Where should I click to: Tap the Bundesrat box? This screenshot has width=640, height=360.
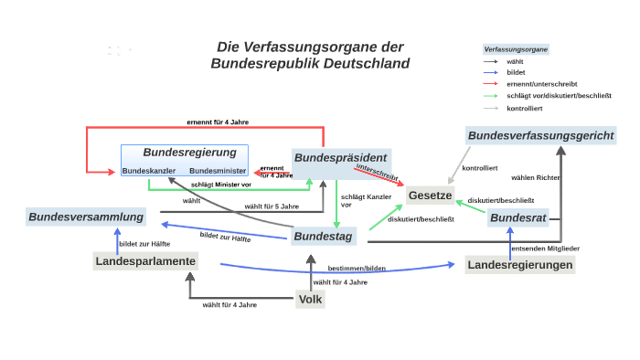click(517, 218)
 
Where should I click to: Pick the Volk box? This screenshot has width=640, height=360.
click(311, 298)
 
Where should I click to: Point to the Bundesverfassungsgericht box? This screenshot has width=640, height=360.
click(541, 136)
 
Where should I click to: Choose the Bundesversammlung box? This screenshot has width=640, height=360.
click(86, 217)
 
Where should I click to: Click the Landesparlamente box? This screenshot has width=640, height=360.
click(144, 261)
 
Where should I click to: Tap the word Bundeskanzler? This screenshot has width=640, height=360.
click(149, 171)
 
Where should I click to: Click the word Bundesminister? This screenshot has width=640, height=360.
click(218, 171)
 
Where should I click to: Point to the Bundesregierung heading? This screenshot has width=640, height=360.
click(189, 152)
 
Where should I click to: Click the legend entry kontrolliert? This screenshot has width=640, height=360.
click(524, 108)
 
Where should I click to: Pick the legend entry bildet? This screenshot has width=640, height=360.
click(516, 71)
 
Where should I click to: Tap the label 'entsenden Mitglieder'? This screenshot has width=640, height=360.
click(545, 249)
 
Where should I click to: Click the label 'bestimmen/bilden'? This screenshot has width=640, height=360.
click(357, 268)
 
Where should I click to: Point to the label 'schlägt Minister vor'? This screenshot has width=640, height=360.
click(220, 185)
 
